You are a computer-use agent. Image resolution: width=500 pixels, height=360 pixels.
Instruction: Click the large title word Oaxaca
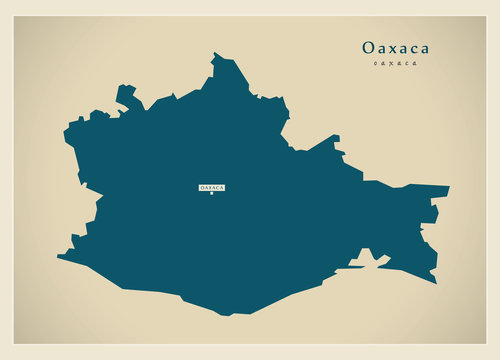click(x=396, y=47)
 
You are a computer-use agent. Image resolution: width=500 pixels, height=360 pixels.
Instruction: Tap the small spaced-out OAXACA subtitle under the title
click(x=396, y=64)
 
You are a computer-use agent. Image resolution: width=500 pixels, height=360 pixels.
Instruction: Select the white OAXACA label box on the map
click(x=212, y=187)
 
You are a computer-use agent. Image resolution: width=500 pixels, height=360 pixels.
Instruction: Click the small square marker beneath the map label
click(x=212, y=194)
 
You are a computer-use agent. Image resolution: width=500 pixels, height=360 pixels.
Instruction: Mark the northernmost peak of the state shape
click(x=216, y=54)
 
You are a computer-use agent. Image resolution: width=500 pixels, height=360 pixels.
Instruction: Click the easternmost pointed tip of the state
click(x=448, y=187)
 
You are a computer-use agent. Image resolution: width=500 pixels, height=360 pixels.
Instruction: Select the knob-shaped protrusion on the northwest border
click(x=125, y=93)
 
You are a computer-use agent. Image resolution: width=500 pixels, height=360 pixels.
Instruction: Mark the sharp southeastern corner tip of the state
click(x=435, y=282)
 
